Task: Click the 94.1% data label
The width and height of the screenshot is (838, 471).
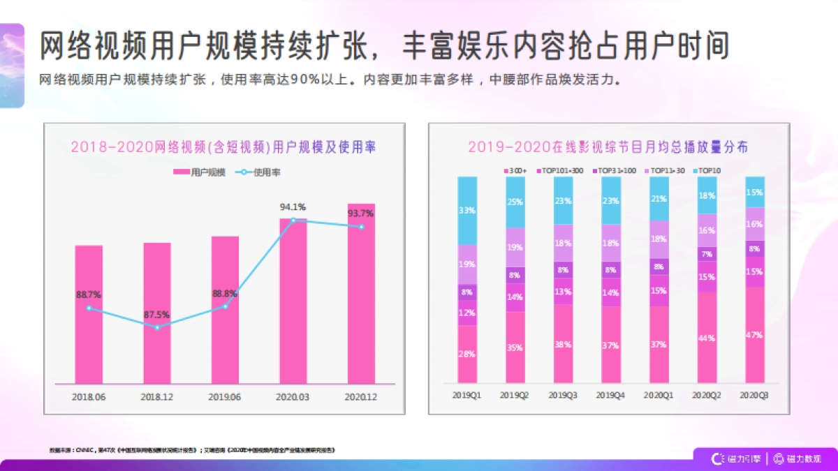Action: point(293,207)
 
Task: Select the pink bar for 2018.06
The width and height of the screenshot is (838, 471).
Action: point(89,314)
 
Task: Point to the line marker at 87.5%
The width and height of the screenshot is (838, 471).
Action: point(157,327)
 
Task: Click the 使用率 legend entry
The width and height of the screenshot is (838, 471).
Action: point(258,172)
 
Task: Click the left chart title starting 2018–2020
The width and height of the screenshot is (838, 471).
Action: point(223,147)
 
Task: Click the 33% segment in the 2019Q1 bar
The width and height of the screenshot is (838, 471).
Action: point(468,210)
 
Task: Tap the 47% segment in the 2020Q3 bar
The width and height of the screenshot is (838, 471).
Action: point(754,335)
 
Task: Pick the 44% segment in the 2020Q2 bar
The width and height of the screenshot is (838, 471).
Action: point(707,338)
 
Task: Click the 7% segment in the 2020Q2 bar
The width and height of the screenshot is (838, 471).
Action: point(707,254)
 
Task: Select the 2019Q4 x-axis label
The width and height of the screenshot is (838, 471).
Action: point(610,396)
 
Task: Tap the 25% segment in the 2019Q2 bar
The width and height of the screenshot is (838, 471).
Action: point(515,202)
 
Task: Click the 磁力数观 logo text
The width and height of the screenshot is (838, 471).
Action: point(804,458)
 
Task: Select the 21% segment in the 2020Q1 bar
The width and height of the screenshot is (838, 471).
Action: point(659,199)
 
